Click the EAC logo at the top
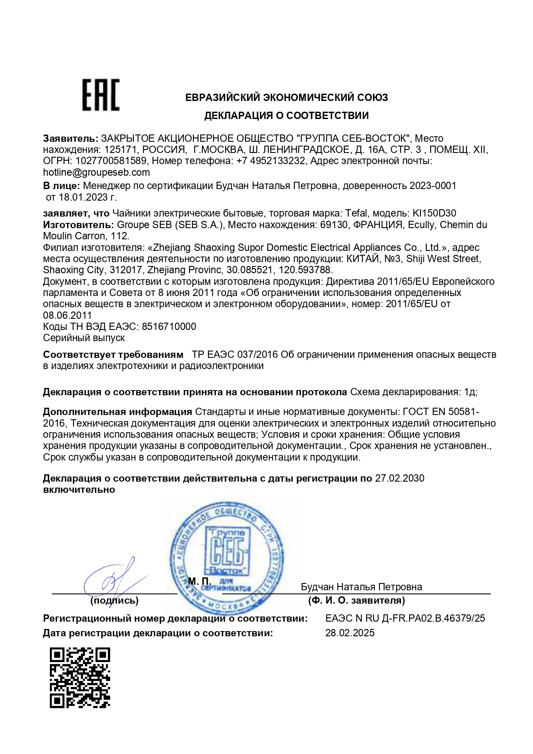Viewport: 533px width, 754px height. point(101,95)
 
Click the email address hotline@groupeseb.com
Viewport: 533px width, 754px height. point(96,172)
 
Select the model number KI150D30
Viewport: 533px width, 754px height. point(434,213)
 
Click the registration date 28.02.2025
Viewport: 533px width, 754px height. point(350,633)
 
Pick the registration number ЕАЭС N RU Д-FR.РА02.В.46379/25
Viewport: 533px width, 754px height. point(405,618)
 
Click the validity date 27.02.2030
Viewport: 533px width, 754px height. point(400,478)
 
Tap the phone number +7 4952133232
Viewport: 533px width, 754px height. point(270,161)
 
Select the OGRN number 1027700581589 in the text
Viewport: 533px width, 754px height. point(111,161)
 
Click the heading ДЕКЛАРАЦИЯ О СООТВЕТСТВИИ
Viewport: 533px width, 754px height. point(286,115)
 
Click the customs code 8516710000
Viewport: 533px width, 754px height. point(169,327)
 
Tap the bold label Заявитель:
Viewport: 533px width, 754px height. point(70,138)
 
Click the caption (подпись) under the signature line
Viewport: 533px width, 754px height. point(114,600)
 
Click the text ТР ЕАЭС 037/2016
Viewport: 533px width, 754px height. point(235,354)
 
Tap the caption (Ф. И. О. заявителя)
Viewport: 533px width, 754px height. point(356,600)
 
